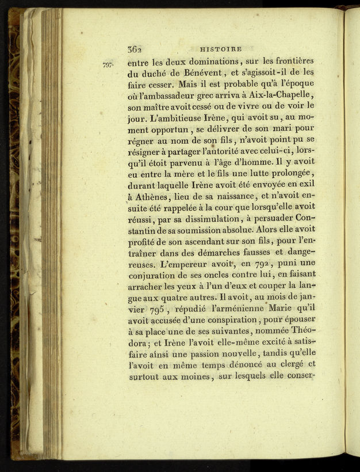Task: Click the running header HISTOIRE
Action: [220, 50]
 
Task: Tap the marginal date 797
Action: [108, 65]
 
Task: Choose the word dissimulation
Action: [208, 219]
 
